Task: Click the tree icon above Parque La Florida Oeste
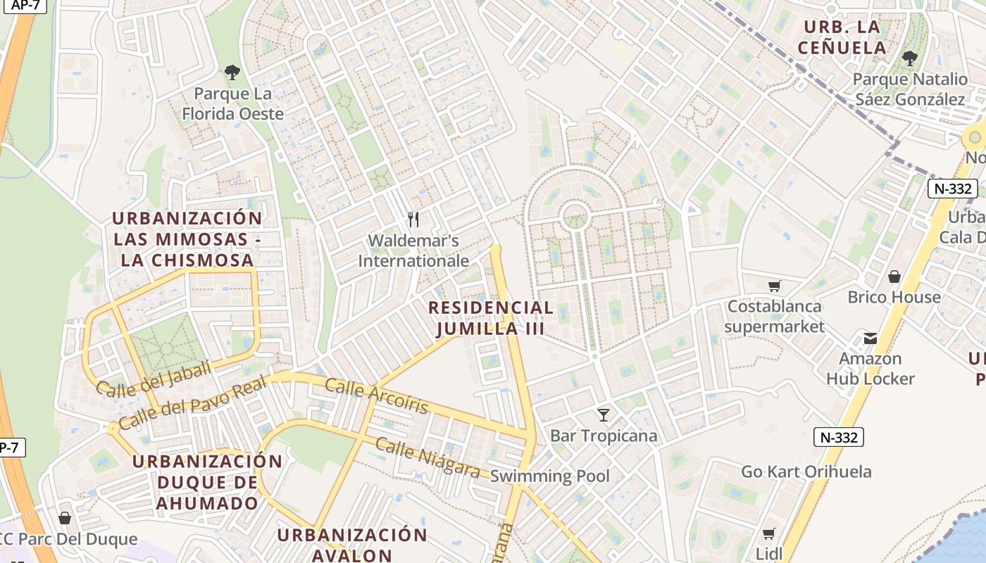pos(232,72)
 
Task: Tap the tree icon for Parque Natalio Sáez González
pos(909,58)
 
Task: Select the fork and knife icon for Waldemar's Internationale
pos(413,220)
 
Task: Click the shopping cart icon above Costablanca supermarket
pos(774,286)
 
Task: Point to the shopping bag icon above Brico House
pos(894,277)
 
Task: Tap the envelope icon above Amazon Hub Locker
pos(870,339)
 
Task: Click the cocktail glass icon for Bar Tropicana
pos(603,415)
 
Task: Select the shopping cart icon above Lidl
pos(768,533)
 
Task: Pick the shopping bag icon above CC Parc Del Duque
pos(65,519)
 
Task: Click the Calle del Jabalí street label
pos(153,379)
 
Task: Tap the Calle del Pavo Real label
pos(192,403)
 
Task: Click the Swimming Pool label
pos(549,476)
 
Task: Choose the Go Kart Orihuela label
pos(806,472)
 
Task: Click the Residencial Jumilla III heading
pos(491,318)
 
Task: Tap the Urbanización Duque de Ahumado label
pos(207,483)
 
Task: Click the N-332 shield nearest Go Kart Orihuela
pos(839,437)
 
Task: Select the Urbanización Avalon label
pos(351,545)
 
